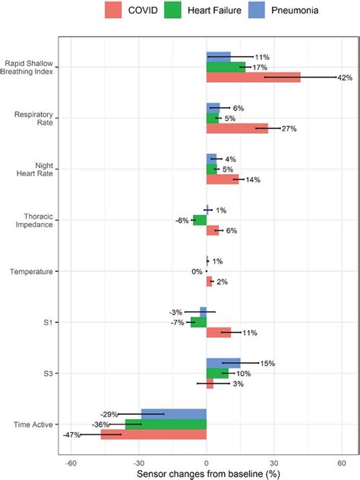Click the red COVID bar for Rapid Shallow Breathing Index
pyautogui.click(x=254, y=77)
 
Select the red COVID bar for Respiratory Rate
pyautogui.click(x=237, y=128)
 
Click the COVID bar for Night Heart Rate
pyautogui.click(x=223, y=179)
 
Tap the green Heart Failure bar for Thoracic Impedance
pyautogui.click(x=200, y=220)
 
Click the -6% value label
pyautogui.click(x=182, y=220)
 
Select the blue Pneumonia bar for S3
pyautogui.click(x=223, y=363)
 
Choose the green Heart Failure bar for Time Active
pyautogui.click(x=166, y=424)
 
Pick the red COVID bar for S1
pyautogui.click(x=219, y=333)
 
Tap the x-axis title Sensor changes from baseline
pyautogui.click(x=206, y=473)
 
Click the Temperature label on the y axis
pyautogui.click(x=30, y=271)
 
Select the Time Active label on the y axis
pyautogui.click(x=33, y=424)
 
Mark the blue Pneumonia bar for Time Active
pyautogui.click(x=174, y=414)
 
